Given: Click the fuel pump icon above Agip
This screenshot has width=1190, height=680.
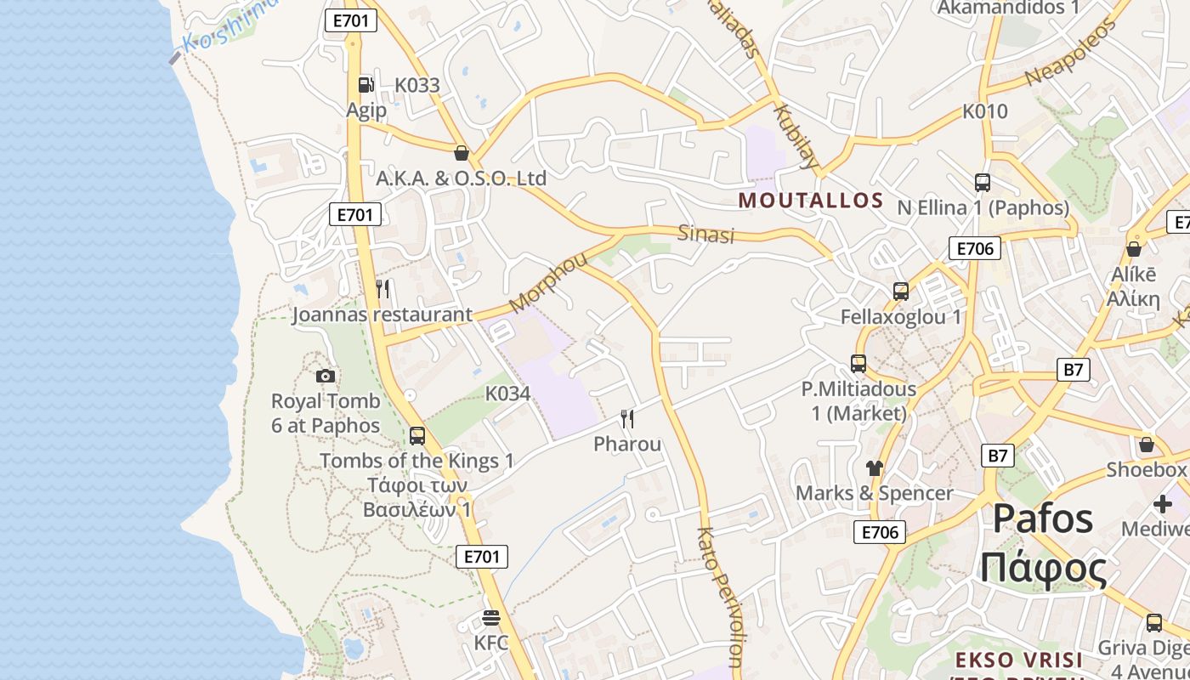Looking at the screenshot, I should (365, 84).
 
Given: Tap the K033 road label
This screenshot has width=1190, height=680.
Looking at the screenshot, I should (417, 85).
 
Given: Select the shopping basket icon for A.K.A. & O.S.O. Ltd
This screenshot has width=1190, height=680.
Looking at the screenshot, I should (462, 153).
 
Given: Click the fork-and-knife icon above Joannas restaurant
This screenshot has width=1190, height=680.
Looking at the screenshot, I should (382, 289).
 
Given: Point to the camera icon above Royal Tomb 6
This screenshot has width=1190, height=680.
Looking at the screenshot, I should (325, 376).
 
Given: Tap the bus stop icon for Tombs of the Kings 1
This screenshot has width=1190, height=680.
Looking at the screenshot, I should (416, 435).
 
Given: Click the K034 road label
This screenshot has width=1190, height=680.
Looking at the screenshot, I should (507, 394).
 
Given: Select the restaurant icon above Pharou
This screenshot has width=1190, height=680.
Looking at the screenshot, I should (627, 418).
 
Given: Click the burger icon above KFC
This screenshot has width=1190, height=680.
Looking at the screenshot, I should (491, 617).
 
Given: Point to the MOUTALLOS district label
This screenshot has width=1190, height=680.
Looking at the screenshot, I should (811, 201).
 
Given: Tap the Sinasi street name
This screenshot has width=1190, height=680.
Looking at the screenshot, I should (705, 234).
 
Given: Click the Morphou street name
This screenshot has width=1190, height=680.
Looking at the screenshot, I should (548, 282).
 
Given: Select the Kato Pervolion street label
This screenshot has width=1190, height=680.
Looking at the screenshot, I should (720, 600).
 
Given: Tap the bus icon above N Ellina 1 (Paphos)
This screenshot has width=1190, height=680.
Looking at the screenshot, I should (982, 182).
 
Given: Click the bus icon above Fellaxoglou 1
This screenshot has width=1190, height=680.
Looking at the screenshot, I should (901, 292).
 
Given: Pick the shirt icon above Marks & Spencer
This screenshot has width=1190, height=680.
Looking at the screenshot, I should (874, 467).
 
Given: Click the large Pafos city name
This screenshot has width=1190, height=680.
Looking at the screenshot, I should (1044, 518).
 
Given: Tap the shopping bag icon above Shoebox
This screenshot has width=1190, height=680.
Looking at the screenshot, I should (1146, 445).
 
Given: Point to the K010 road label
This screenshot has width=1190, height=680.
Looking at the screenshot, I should (984, 111).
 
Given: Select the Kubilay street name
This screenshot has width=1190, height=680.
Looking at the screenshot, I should (796, 136).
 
